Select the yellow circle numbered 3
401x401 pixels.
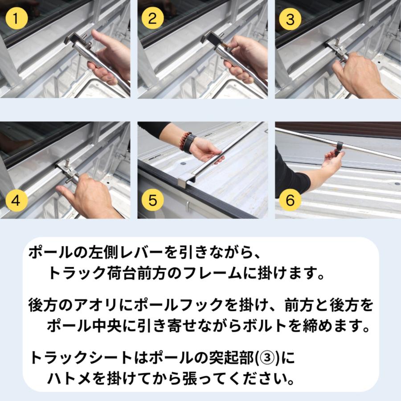click(x=290, y=20)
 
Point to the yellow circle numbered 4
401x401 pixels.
click(x=16, y=200)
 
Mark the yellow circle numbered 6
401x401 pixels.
click(x=290, y=200)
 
